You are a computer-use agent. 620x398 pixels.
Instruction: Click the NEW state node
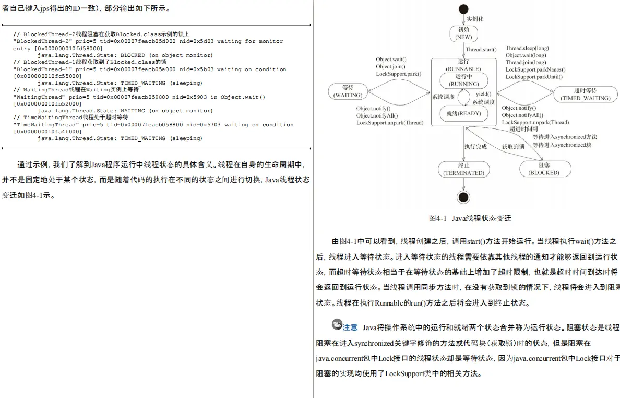[x=463, y=33]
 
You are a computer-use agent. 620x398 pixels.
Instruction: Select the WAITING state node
[x=348, y=91]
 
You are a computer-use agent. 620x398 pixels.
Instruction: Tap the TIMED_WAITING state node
[x=585, y=94]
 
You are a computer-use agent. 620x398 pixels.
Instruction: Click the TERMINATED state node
[x=463, y=169]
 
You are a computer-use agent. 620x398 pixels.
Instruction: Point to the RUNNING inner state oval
[x=463, y=80]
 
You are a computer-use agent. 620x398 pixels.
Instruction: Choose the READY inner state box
[x=463, y=113]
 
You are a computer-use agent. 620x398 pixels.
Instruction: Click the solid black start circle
[x=463, y=8]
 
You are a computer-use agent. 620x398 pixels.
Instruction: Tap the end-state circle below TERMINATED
[x=463, y=196]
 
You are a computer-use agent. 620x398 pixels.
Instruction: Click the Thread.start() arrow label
[x=481, y=50]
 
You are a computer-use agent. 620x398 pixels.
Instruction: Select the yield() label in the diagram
[x=483, y=94]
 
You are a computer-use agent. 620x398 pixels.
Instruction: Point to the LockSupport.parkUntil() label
[x=534, y=77]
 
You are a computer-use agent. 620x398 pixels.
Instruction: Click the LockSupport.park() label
[x=398, y=74]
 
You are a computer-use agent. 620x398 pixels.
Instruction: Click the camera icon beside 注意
[x=337, y=324]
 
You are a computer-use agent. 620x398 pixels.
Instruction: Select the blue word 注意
[x=350, y=327]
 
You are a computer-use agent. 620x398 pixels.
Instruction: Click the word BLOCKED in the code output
[x=133, y=55]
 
